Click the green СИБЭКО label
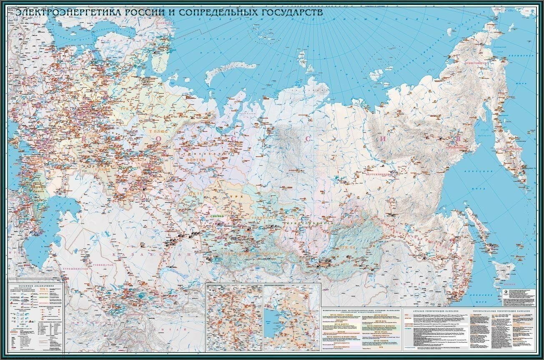click(x=217, y=217)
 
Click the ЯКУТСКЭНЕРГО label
click(x=377, y=174)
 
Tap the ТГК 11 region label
click(x=195, y=194)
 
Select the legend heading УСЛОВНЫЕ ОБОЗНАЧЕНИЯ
click(x=35, y=285)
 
